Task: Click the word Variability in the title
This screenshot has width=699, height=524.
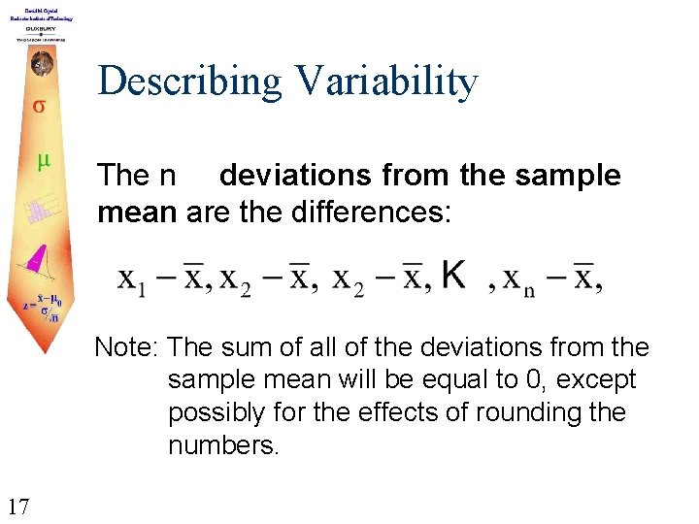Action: click(x=390, y=82)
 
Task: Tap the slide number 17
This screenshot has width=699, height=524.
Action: click(x=17, y=505)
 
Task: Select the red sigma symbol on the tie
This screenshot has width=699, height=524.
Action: click(x=39, y=105)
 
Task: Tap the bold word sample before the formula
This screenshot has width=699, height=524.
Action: click(x=574, y=176)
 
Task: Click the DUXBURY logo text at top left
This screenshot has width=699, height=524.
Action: click(x=39, y=29)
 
